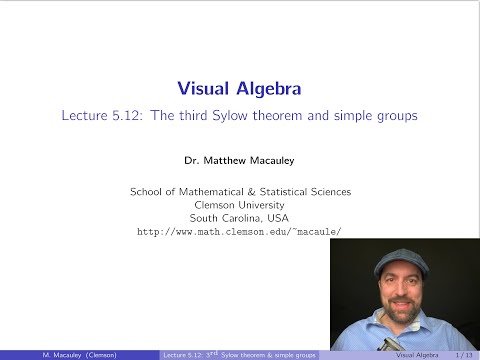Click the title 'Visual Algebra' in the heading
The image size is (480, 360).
tap(240, 87)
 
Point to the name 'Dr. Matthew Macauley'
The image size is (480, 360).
tap(240, 160)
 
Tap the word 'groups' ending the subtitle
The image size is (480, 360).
tap(398, 115)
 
